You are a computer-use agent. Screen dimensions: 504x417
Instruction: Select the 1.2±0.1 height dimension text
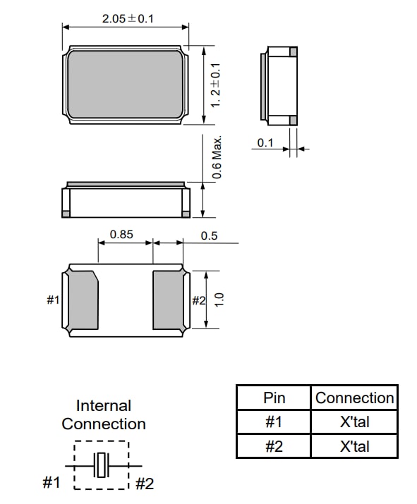217,84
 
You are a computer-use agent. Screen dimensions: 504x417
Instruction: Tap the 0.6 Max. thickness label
217,156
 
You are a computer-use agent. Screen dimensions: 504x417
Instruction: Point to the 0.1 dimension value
265,143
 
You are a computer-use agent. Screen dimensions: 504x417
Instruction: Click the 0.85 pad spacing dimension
121,235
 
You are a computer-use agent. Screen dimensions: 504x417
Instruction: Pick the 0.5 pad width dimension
209,235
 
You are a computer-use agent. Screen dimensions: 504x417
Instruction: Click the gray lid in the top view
126,83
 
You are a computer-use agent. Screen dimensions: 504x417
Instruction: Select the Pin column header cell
274,398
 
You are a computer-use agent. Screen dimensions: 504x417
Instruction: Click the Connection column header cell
354,398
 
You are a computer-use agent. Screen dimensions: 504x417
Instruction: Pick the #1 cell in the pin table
274,422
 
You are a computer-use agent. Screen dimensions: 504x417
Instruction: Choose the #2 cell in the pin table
274,446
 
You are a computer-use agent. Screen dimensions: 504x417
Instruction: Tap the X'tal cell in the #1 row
354,422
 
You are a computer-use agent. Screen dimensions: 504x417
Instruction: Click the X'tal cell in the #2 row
354,446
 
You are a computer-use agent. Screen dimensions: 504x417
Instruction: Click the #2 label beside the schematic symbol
144,484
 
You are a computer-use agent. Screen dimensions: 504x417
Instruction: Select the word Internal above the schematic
104,406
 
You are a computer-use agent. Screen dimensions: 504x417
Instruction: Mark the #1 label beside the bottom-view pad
54,300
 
